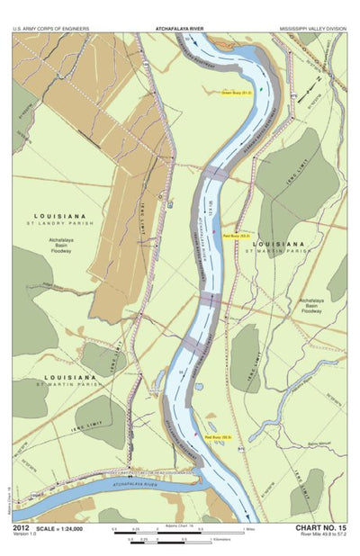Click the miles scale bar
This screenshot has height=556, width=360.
[180, 533]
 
